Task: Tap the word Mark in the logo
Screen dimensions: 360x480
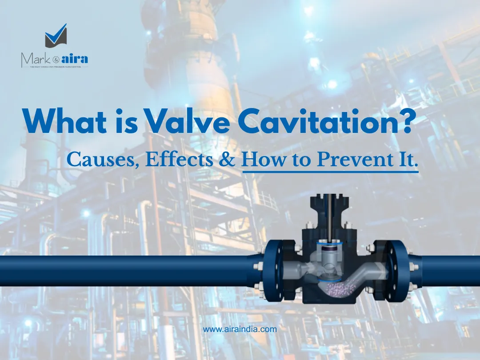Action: coord(34,58)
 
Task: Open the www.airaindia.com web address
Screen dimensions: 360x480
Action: coord(240,329)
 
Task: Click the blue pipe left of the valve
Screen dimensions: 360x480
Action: coord(124,271)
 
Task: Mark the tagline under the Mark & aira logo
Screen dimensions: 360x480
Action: coord(55,66)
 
